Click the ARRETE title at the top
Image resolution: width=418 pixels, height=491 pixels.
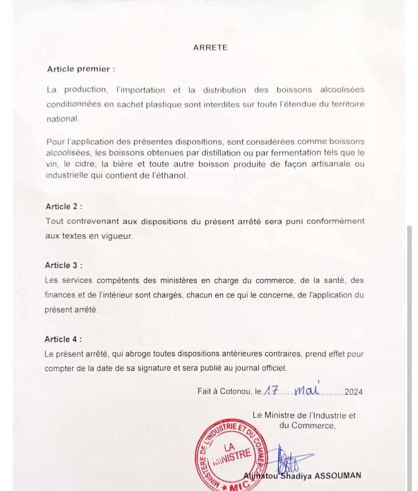click(210, 48)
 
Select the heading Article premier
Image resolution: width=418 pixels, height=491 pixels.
click(81, 69)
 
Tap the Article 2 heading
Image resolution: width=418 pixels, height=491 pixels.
click(63, 206)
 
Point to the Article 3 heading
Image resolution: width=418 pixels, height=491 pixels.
click(63, 265)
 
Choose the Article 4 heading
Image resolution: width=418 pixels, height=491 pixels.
click(63, 339)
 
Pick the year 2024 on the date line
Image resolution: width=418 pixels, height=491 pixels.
click(353, 392)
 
